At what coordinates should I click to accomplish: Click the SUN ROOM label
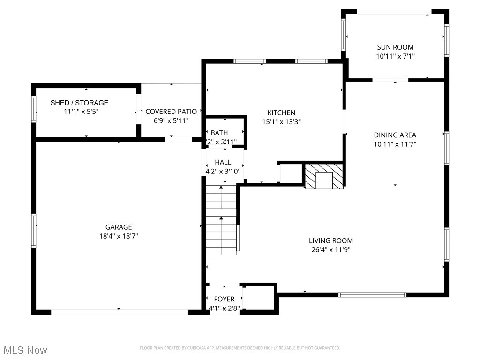pos(395,47)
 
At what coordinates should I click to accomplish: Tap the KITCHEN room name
pos(281,112)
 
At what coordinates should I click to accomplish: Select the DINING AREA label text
pos(395,135)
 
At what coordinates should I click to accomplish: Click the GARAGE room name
pos(118,227)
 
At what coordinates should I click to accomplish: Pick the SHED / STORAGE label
pos(79,103)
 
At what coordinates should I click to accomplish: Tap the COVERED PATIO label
pos(171,112)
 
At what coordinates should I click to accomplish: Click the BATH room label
pos(219,133)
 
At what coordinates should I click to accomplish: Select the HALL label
pos(223,162)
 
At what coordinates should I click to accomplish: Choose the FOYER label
pos(224,299)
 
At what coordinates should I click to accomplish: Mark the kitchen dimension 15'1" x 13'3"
pos(281,121)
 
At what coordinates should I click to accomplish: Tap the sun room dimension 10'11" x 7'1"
pos(395,56)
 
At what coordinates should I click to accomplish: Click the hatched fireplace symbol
pos(324,176)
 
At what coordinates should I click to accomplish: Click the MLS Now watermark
pos(25,350)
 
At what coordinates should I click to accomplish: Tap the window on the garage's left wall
pos(33,230)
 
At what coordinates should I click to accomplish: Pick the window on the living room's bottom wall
pos(372,295)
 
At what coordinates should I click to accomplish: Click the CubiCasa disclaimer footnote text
pos(240,348)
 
